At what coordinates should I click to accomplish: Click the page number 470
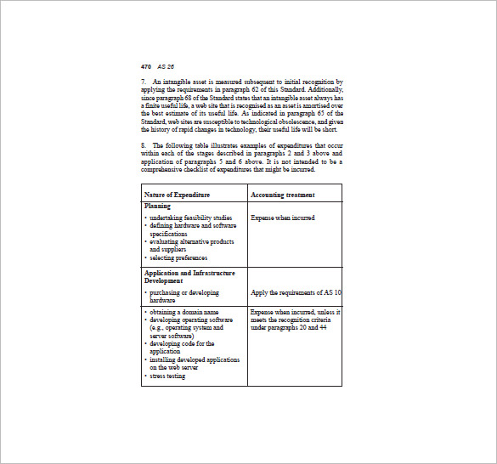pyautogui.click(x=146, y=65)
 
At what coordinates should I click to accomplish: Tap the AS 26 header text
pyautogui.click(x=166, y=65)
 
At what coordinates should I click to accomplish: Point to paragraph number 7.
pyautogui.click(x=144, y=82)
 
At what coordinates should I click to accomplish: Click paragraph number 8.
pyautogui.click(x=144, y=145)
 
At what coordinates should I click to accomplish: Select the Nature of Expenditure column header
pyautogui.click(x=177, y=195)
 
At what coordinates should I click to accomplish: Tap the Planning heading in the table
pyautogui.click(x=157, y=206)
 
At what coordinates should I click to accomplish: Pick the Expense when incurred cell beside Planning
pyautogui.click(x=282, y=218)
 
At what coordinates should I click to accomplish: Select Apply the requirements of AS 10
pyautogui.click(x=296, y=292)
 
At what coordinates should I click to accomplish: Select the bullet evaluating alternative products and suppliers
pyautogui.click(x=193, y=246)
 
